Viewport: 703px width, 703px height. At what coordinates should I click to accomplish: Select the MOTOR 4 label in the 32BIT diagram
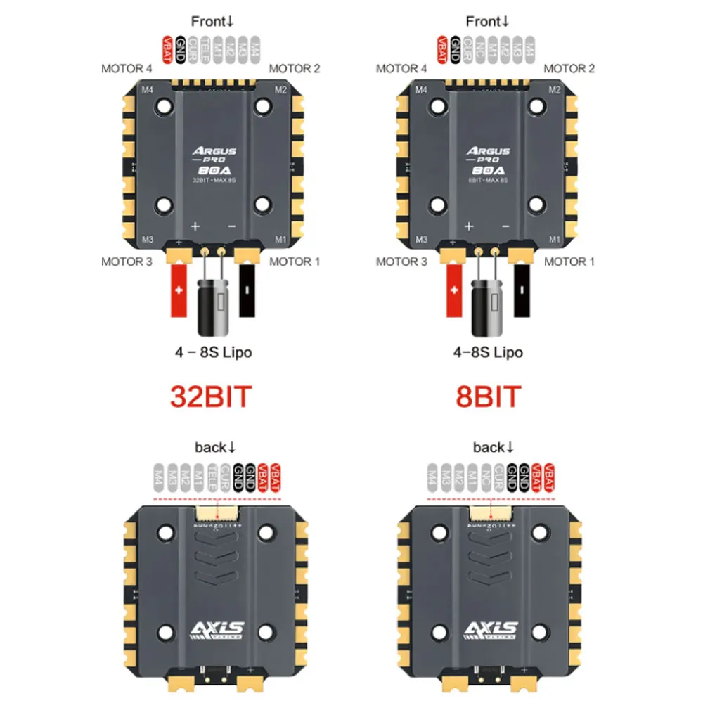tap(127, 69)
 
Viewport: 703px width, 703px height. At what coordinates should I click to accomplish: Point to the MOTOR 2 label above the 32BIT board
tap(295, 69)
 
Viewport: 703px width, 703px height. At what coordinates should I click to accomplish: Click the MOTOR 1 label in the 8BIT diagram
tap(569, 262)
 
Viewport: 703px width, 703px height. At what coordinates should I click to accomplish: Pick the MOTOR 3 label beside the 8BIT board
tap(401, 262)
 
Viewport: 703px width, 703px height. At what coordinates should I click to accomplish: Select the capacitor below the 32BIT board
tap(212, 304)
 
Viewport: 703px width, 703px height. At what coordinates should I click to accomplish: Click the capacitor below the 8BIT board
tap(486, 304)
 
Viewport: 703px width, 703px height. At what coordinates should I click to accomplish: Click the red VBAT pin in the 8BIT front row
tap(442, 50)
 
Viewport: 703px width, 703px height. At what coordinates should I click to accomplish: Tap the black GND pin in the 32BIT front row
tap(181, 50)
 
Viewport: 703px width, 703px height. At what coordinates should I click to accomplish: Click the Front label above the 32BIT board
tap(211, 22)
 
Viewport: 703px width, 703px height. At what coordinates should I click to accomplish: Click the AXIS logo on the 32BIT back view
tap(212, 629)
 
